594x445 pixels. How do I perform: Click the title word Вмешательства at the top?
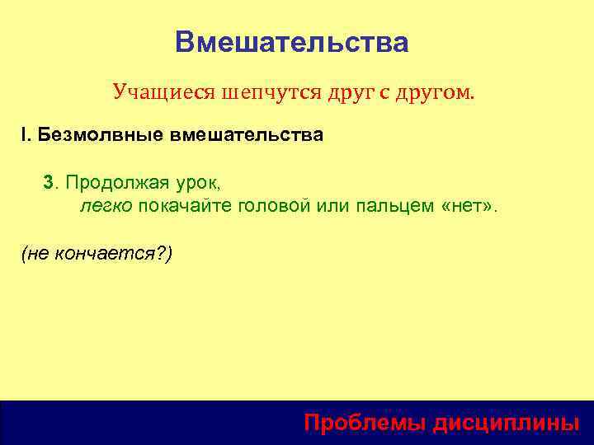291,42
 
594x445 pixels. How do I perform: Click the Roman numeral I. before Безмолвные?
26,134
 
